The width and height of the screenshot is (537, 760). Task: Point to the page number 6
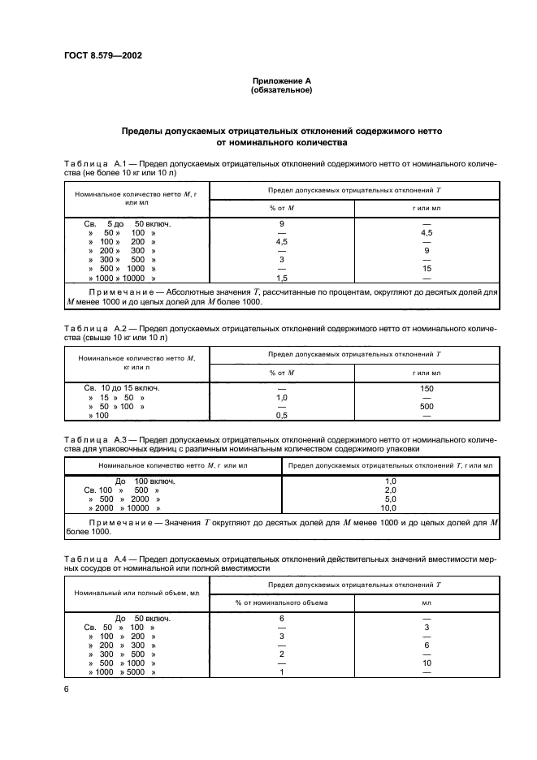66,689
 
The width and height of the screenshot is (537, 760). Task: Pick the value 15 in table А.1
426,268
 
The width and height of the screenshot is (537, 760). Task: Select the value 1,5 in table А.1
282,278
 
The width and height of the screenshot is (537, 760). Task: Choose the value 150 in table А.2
426,388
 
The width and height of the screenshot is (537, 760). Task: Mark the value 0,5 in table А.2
282,416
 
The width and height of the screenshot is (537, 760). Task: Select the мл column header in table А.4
426,602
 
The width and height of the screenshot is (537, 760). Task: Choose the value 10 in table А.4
426,663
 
